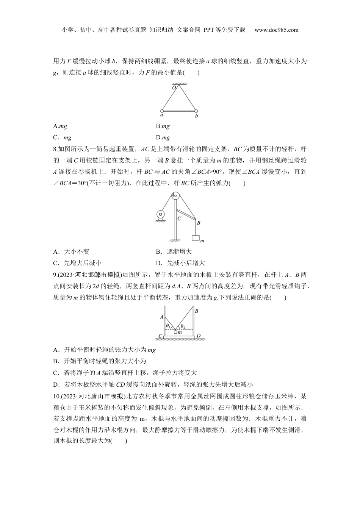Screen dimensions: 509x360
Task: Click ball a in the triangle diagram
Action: pos(162,111)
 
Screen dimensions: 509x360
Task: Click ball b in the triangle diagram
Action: pos(196,111)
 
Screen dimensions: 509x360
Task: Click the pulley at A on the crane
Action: pos(175,196)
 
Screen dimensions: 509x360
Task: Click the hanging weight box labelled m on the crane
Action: pos(196,238)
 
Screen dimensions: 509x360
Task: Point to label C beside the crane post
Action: pos(179,218)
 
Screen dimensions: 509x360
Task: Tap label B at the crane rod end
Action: pos(198,223)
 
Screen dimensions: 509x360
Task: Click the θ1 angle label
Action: pos(168,325)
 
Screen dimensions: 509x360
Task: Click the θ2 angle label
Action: pos(183,326)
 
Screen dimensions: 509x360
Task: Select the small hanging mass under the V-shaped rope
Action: pos(175,332)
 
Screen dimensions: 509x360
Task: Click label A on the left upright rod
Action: pos(161,317)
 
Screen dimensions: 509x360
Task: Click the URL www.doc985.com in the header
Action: pos(276,30)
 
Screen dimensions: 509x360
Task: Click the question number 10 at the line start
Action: pos(57,396)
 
